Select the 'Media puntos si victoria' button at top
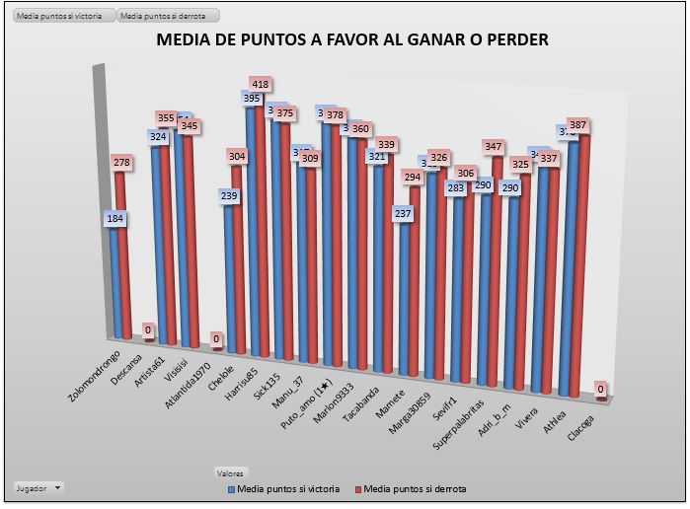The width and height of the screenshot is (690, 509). click(x=59, y=16)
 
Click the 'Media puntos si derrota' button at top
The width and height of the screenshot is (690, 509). click(x=167, y=16)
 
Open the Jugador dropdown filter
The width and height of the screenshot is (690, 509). click(x=38, y=487)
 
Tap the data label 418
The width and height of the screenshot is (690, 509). click(x=261, y=85)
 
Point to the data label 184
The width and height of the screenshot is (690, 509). click(x=115, y=218)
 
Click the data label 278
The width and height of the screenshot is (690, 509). click(x=121, y=161)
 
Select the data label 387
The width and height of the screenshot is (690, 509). click(x=577, y=125)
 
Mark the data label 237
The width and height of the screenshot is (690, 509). click(x=403, y=213)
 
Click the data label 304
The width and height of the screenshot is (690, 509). click(x=237, y=156)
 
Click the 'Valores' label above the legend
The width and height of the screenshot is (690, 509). click(x=233, y=473)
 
